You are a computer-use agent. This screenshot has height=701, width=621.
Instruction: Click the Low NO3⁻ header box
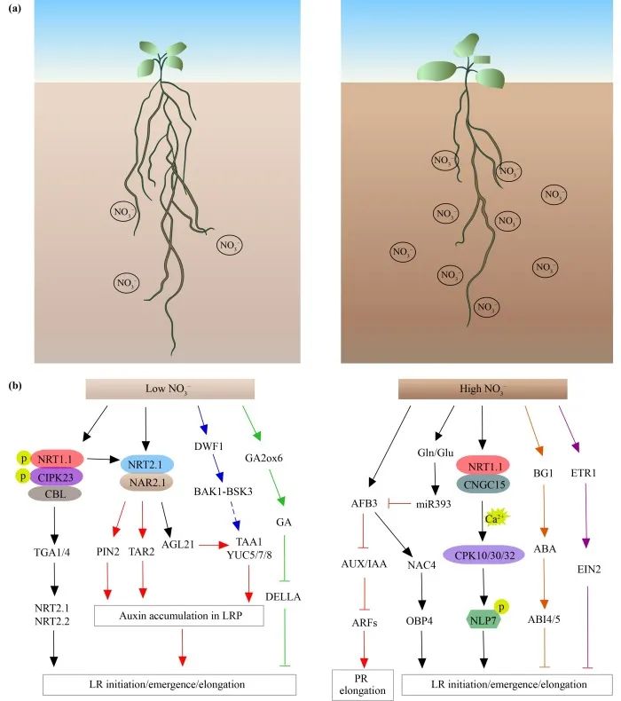coord(170,389)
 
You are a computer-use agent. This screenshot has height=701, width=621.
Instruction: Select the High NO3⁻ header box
coord(483,389)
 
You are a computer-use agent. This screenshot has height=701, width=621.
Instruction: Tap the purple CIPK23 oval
coord(55,477)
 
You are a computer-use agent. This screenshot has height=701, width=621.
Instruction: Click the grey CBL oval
coord(55,494)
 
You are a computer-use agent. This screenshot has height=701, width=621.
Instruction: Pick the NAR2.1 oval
coord(147,483)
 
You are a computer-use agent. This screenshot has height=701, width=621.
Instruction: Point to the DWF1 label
coord(208,446)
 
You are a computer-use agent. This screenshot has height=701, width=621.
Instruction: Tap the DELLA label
coord(283,597)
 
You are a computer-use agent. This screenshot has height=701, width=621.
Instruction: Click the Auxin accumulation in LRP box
coord(179,616)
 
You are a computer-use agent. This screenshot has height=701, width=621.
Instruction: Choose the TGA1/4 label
coord(51,553)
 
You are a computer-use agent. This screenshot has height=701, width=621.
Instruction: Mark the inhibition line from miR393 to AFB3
coord(399,504)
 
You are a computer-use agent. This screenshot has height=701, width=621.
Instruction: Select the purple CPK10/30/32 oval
coord(484,555)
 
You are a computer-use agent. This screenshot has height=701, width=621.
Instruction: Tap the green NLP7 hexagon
coord(483,620)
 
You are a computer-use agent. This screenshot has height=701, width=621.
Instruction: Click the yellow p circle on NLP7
coord(501,607)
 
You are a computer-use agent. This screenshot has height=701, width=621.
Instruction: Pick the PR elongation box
coord(362,684)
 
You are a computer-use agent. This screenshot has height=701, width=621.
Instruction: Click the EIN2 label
coord(589,569)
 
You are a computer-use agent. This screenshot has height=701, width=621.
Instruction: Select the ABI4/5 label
coord(544,619)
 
